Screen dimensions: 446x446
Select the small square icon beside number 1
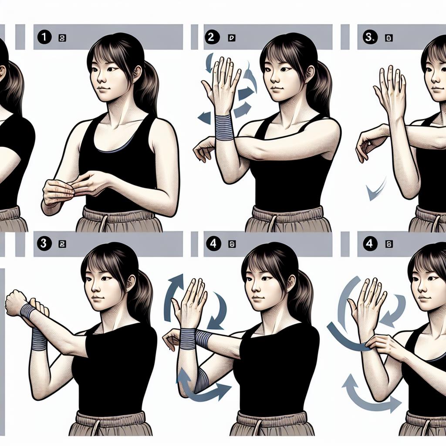coord(62,38)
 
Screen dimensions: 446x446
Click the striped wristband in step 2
coord(225,127)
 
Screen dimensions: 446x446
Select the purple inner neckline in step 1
coord(114,151)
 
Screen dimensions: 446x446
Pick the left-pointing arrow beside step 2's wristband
coord(203,117)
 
